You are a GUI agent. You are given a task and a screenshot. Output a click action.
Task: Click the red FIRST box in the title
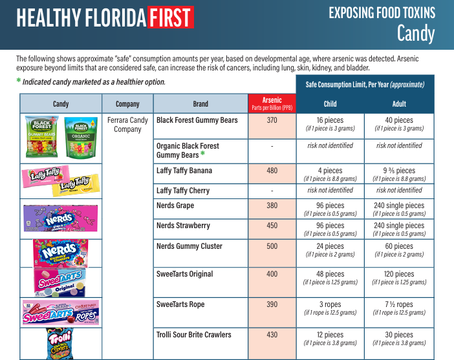170,18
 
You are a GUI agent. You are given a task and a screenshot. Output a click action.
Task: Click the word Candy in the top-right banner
415,33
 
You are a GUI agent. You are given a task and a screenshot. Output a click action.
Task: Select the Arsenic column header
272,103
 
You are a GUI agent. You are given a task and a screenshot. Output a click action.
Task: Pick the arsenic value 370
272,121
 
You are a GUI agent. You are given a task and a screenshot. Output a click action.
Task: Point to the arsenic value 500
272,247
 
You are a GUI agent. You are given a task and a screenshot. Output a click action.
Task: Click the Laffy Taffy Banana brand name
184,171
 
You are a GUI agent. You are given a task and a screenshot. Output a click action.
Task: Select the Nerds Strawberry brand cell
183,226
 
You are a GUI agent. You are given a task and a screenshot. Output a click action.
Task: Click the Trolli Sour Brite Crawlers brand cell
193,335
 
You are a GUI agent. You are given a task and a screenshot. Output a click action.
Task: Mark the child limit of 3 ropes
330,304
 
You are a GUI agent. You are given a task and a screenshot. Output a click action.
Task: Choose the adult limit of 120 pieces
399,274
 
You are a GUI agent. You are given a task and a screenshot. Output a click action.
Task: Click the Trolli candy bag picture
61,343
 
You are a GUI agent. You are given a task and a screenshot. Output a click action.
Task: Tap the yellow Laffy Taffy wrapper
79,184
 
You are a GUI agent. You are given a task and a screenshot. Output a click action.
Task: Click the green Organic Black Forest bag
80,136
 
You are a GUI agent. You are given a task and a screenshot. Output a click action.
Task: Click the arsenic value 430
272,335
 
